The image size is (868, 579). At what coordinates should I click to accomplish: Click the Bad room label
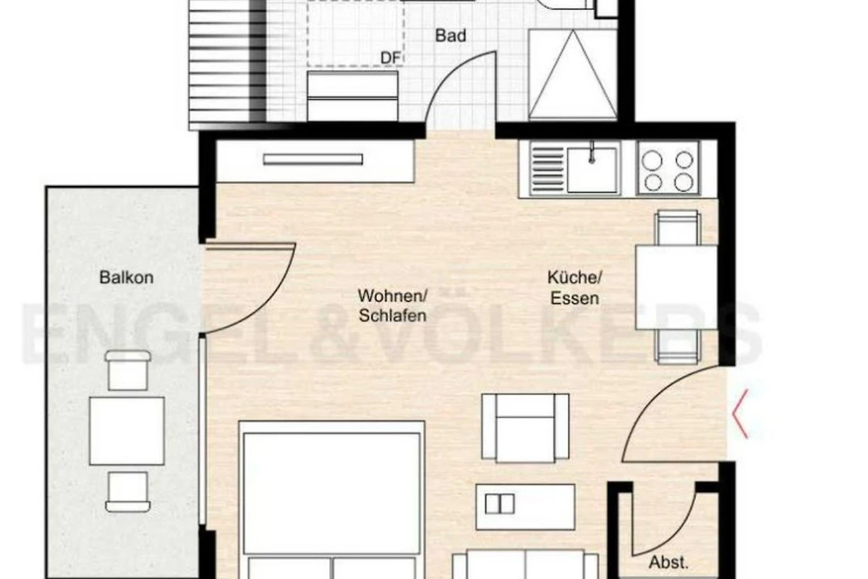[x=450, y=35]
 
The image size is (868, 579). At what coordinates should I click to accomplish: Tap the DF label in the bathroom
[x=390, y=58]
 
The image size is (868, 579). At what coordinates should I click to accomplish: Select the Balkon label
[x=127, y=278]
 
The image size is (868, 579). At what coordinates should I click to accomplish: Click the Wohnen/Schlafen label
[x=392, y=306]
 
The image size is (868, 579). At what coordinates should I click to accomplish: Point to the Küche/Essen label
[x=574, y=288]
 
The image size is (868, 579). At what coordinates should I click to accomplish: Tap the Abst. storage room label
[x=669, y=562]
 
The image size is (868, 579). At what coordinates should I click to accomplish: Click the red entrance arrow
[x=740, y=414]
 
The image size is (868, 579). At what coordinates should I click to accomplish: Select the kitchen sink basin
[x=592, y=170]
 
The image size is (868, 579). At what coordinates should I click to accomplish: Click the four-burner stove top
[x=669, y=169]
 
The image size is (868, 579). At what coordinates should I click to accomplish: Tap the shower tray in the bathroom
[x=572, y=74]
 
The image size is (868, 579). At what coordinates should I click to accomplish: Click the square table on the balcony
[x=127, y=431]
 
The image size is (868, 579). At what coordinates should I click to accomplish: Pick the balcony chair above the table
[x=127, y=370]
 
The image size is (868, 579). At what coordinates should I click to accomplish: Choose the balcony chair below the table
[x=127, y=491]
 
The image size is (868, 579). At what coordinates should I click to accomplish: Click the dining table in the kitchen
[x=676, y=287]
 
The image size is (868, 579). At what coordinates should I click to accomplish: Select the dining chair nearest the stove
[x=678, y=228]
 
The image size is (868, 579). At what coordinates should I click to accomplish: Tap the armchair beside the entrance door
[x=525, y=428]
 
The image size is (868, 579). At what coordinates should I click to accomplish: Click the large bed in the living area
[x=332, y=500]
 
